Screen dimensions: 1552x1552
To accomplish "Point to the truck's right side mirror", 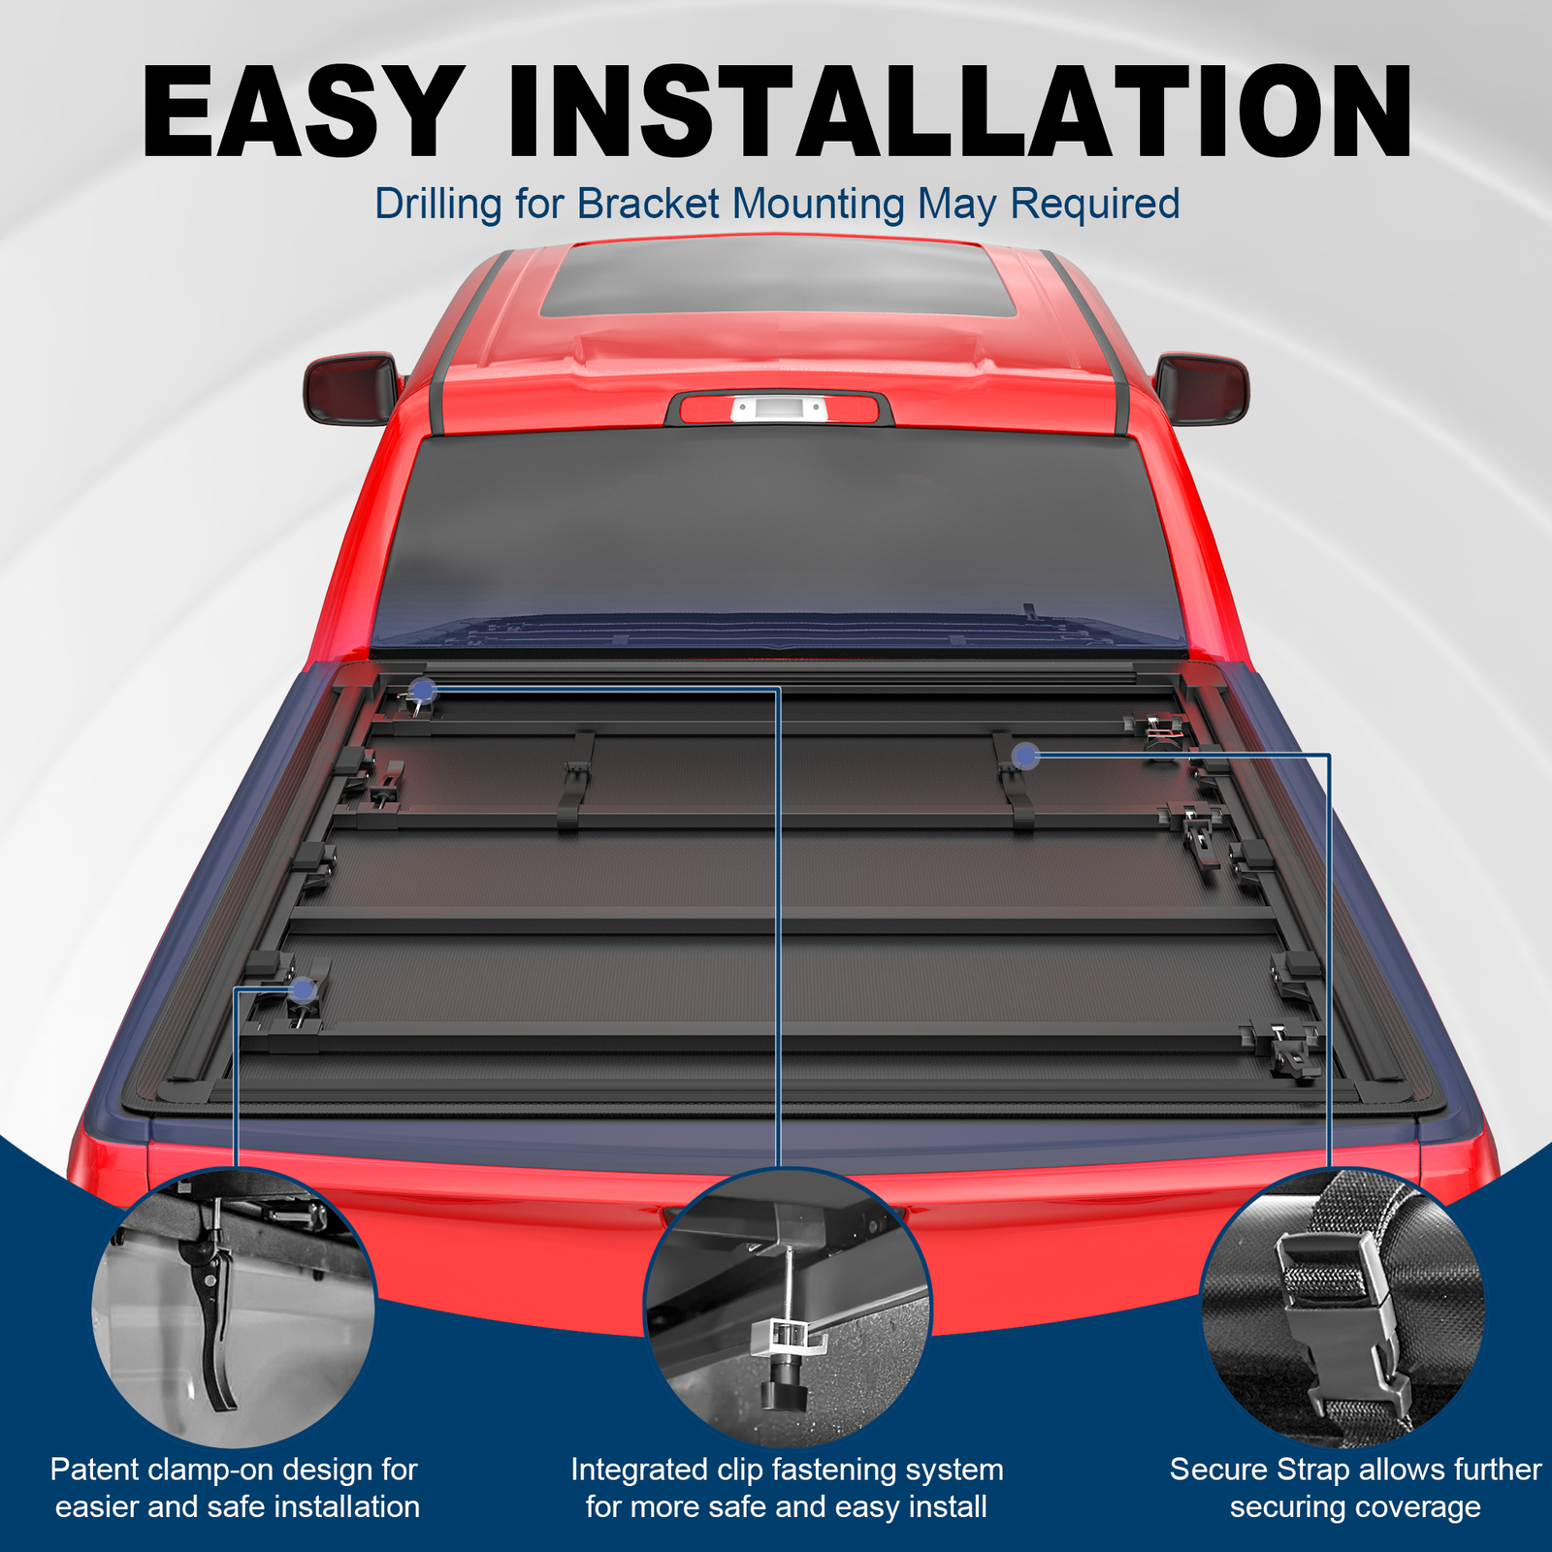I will coord(1202,388).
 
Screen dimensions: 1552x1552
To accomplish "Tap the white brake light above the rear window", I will coord(778,409).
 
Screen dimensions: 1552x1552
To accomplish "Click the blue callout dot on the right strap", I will coord(1025,756).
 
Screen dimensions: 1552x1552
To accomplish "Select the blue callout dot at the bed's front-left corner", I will coord(422,690).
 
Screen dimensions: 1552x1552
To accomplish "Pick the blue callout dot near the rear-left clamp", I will coord(303,990).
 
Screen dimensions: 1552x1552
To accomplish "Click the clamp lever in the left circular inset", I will coord(215,1319).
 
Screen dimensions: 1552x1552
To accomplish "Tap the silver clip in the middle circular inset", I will coord(791,1337).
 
